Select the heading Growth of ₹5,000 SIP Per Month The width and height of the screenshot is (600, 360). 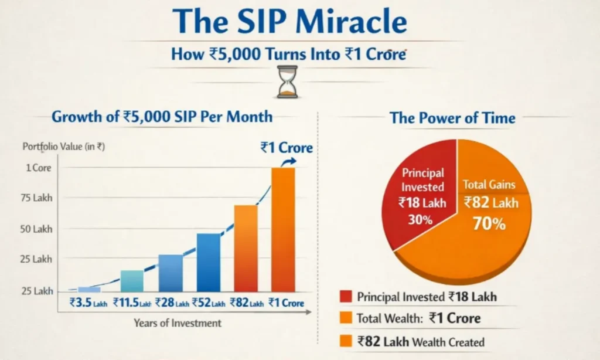click(x=162, y=116)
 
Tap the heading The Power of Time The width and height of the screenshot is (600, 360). click(x=452, y=118)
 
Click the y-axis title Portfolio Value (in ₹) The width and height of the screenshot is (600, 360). click(x=63, y=147)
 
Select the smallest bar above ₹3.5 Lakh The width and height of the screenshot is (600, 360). click(x=89, y=289)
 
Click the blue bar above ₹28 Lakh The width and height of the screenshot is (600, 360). click(x=171, y=273)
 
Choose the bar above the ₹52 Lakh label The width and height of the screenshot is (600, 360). click(x=209, y=263)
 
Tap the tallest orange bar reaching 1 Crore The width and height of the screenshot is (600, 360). click(x=283, y=230)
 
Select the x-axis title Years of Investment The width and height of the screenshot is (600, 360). click(x=178, y=323)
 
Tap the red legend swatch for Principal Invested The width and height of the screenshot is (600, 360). click(x=345, y=297)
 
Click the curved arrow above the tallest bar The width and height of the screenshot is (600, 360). click(x=287, y=162)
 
